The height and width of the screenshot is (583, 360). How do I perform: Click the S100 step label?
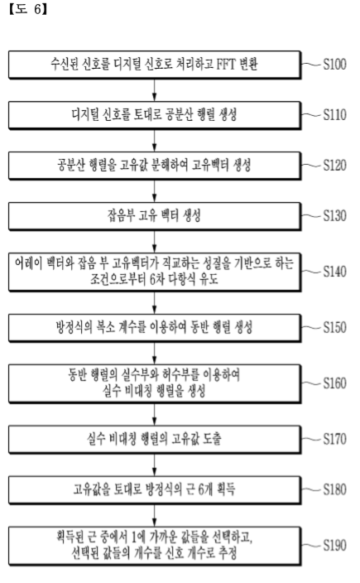[x=334, y=65]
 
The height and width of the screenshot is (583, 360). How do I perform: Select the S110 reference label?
[x=334, y=115]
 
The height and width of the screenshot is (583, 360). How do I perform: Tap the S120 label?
[x=334, y=165]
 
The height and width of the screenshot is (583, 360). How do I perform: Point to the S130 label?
[x=334, y=215]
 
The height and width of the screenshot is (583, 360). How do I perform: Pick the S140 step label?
[x=334, y=272]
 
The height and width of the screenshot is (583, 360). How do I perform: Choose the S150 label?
[x=334, y=327]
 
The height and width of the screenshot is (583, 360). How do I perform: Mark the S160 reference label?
[x=334, y=383]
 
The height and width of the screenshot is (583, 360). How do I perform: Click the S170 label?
[x=334, y=439]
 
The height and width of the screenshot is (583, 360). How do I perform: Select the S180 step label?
[x=334, y=489]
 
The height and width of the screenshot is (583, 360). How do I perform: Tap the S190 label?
[x=334, y=545]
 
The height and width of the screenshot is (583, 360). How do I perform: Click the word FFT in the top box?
[x=226, y=65]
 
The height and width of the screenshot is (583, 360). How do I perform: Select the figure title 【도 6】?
[x=28, y=9]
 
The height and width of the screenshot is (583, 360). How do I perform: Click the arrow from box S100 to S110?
[x=155, y=90]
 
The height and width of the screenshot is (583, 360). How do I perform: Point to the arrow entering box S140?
[x=155, y=241]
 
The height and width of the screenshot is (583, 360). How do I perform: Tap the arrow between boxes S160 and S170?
[x=155, y=414]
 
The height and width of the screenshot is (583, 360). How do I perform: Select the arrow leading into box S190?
[x=155, y=515]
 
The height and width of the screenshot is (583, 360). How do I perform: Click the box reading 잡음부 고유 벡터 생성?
[x=155, y=216]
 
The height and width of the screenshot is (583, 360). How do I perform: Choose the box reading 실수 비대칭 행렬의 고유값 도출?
[x=155, y=439]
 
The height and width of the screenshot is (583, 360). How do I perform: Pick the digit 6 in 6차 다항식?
[x=154, y=279]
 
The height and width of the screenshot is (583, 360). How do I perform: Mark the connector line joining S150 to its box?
[x=311, y=327]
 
